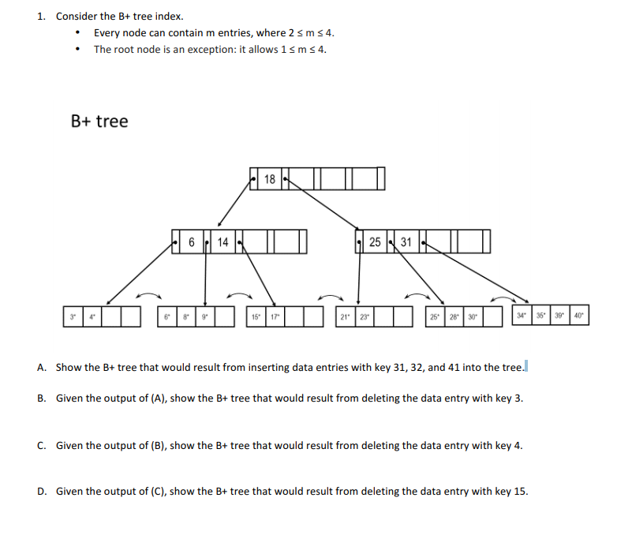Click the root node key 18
pyautogui.click(x=270, y=179)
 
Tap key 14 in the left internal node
pyautogui.click(x=222, y=242)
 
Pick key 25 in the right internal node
pyautogui.click(x=376, y=242)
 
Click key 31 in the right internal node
pyautogui.click(x=406, y=242)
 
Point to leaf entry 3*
pyautogui.click(x=73, y=317)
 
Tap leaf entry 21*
pyautogui.click(x=344, y=317)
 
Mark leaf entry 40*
pyautogui.click(x=579, y=317)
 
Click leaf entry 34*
pyautogui.click(x=522, y=317)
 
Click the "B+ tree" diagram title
pyautogui.click(x=99, y=122)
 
